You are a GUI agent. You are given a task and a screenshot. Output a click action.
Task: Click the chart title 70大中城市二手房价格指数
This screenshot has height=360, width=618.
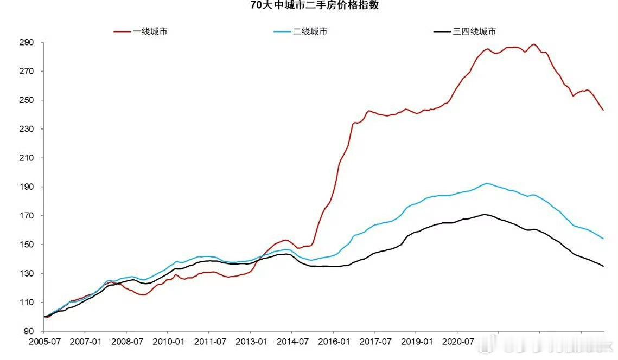tap(314, 5)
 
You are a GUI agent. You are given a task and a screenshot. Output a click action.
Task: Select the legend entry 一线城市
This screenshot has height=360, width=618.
tap(150, 31)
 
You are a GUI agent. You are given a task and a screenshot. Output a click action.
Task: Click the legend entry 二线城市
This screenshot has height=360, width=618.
tap(310, 31)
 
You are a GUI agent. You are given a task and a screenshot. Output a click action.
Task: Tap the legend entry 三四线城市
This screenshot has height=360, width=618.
tap(474, 31)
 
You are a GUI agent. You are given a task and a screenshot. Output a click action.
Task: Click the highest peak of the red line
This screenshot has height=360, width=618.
tap(534, 44)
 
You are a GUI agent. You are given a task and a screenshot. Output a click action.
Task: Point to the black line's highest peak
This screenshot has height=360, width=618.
tap(484, 214)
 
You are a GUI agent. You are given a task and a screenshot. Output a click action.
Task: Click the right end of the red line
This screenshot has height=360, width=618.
tap(603, 110)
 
